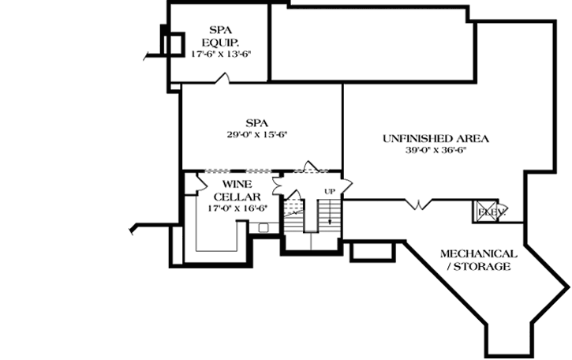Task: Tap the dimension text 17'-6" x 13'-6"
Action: (x=225, y=54)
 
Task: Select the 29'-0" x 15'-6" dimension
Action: (x=256, y=134)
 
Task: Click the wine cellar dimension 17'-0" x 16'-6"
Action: (x=237, y=208)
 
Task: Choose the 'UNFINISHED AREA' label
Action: (x=436, y=139)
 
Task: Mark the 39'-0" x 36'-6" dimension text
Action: (x=436, y=150)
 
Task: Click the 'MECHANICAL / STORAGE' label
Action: (x=478, y=260)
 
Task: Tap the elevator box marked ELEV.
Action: (x=485, y=212)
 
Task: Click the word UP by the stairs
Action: (x=331, y=192)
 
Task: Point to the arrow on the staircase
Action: (x=331, y=220)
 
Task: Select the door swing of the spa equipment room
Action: (x=222, y=77)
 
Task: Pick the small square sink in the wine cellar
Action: (x=263, y=227)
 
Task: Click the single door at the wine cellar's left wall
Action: (x=192, y=183)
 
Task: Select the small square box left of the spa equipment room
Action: (x=167, y=39)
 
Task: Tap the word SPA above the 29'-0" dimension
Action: (x=256, y=122)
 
